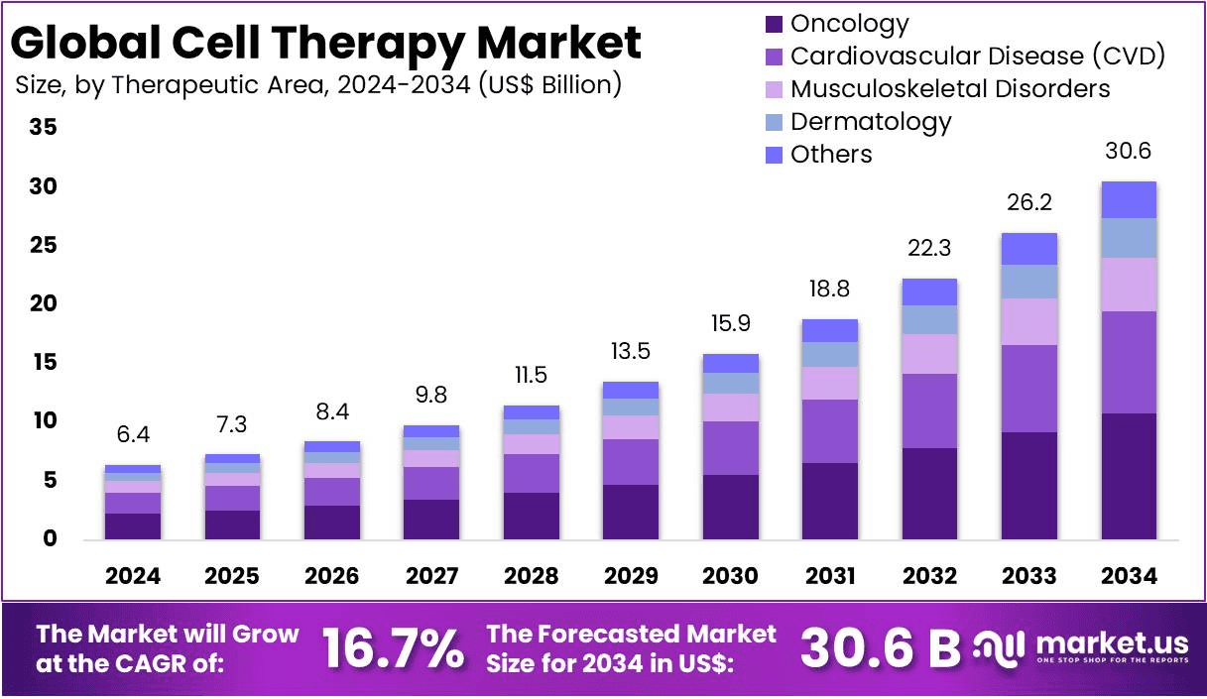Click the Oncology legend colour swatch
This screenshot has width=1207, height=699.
tap(774, 24)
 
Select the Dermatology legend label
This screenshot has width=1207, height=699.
tap(870, 121)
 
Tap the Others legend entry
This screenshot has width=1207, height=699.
tap(831, 154)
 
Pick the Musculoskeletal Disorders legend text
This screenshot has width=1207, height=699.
tap(949, 88)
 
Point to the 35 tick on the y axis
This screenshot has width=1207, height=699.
tap(44, 127)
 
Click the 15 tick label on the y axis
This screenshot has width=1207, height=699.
tap(44, 363)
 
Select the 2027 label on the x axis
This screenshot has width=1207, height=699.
tap(431, 576)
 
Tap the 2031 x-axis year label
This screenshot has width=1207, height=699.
tap(830, 576)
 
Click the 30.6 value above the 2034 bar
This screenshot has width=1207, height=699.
tap(1129, 152)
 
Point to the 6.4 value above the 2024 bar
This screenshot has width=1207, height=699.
tap(133, 434)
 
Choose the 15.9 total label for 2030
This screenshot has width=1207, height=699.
tap(731, 323)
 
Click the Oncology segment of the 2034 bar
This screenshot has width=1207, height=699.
tap(1129, 476)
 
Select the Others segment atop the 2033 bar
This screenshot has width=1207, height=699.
tap(1029, 249)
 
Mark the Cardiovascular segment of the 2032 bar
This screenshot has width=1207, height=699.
tap(929, 410)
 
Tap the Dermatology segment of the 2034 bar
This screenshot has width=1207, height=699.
tap(1129, 238)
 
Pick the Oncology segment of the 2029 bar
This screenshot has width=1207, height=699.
tap(631, 512)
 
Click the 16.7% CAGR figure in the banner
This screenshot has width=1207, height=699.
tap(393, 648)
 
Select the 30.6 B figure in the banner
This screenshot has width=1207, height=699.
tap(880, 648)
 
